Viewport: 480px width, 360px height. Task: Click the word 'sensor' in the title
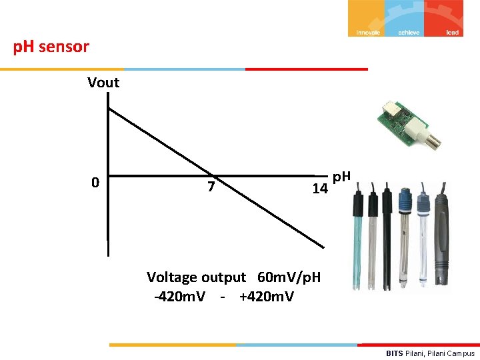64,47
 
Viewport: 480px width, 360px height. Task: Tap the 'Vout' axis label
103,83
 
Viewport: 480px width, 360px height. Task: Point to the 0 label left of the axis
96,183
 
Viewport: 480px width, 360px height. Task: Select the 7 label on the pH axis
211,187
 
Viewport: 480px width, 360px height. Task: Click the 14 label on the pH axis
320,189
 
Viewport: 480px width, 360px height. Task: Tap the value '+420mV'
265,296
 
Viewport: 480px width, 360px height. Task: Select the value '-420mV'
179,296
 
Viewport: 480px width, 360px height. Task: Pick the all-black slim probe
387,240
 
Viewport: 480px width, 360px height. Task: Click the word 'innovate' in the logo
368,32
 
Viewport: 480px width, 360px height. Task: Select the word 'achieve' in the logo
409,32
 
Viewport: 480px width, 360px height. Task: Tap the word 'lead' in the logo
453,32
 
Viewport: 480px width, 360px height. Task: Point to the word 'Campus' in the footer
461,353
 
